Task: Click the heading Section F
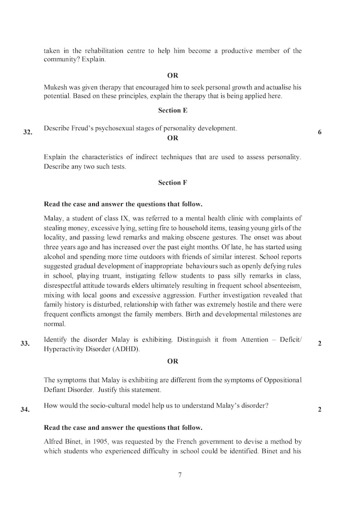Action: [x=172, y=182]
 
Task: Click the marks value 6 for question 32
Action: [x=320, y=133]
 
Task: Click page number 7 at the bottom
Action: [x=180, y=475]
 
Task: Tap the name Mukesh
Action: [x=57, y=87]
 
